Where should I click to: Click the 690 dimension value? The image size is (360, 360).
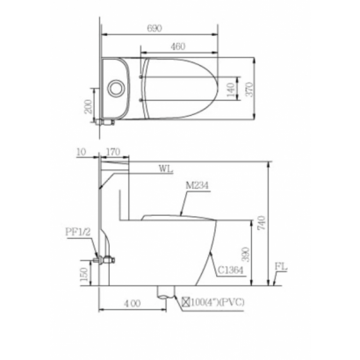coord(154,28)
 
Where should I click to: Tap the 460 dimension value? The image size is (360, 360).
coord(177,47)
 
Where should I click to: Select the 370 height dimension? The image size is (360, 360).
coord(250,90)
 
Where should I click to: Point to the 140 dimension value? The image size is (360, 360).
coord(231,90)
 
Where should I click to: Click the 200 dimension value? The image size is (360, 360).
coord(89,106)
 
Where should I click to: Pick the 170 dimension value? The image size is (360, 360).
coord(112,152)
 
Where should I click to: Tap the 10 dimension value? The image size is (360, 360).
coord(81,152)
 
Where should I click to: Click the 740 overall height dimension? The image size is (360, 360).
coord(262,222)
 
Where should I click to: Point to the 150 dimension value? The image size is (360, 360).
coord(84,274)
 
